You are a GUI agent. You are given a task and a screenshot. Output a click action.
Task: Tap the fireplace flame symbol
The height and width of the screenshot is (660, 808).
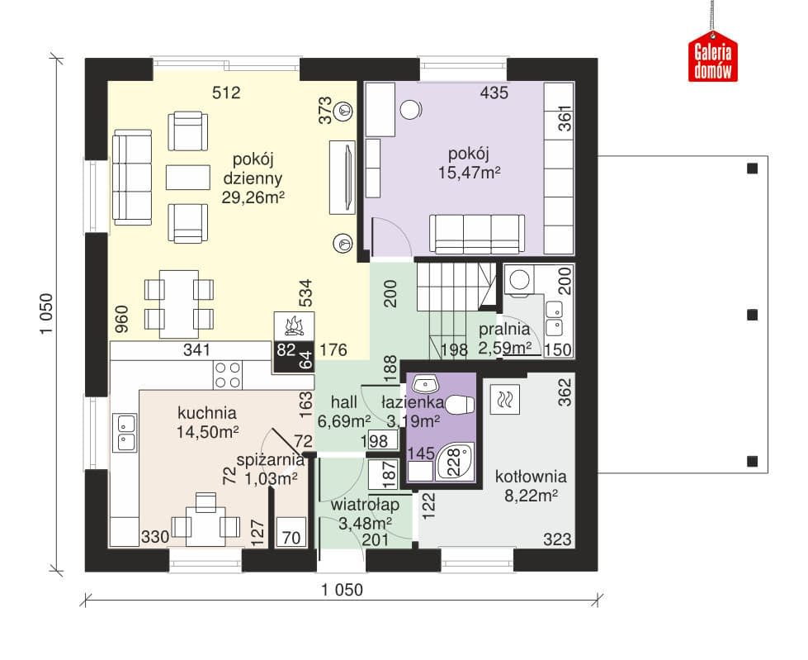(x=294, y=326)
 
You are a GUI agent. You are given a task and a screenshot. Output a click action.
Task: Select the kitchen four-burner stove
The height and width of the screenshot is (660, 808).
(x=228, y=375)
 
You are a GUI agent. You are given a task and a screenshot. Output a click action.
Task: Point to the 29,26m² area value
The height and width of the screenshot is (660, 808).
(x=253, y=197)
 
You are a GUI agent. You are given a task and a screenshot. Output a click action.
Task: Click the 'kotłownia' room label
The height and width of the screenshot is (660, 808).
(x=531, y=477)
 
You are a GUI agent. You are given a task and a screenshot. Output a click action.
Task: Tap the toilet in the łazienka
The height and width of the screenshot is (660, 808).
(x=458, y=405)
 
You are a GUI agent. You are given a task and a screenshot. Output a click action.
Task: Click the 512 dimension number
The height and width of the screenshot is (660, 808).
(x=226, y=93)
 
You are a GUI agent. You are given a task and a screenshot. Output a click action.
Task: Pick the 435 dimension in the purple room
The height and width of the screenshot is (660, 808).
(x=494, y=93)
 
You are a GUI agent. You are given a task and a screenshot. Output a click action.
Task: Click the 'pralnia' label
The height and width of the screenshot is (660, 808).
(x=504, y=329)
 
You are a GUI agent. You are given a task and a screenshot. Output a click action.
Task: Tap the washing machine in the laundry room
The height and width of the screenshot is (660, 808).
(x=519, y=282)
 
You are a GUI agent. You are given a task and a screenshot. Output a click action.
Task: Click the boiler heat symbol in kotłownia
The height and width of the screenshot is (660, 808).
(x=504, y=399)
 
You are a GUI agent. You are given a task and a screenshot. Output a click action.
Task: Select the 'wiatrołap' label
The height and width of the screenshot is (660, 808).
(x=365, y=504)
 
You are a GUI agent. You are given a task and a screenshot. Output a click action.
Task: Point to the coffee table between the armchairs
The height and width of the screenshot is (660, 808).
(x=188, y=177)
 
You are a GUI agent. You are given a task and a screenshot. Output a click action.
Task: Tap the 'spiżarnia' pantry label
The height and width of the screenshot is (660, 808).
(x=271, y=460)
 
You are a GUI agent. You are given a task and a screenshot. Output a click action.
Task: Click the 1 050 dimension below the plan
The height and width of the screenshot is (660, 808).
(x=343, y=589)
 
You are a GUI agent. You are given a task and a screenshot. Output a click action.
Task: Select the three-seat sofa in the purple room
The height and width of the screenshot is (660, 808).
(x=477, y=234)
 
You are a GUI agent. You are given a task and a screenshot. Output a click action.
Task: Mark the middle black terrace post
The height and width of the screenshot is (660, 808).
(x=753, y=315)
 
